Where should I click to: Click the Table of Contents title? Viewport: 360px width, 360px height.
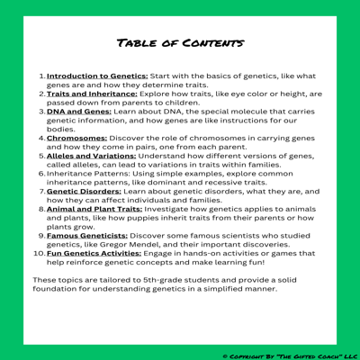click(180, 42)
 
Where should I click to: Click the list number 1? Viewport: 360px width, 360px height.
click(42, 78)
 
